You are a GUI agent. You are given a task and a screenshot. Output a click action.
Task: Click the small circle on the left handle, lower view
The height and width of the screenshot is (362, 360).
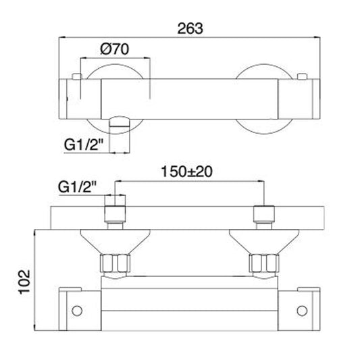coord(77,311)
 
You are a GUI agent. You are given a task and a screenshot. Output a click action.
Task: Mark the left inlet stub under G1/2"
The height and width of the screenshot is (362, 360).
coord(116,212)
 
